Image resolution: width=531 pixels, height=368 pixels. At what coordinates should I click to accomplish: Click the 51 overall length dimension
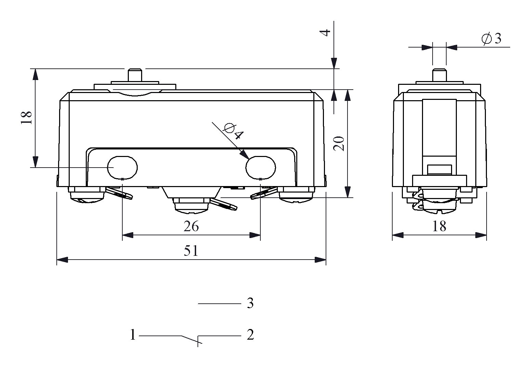pos(191,251)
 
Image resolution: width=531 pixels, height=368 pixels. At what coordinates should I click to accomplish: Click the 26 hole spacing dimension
pos(191,226)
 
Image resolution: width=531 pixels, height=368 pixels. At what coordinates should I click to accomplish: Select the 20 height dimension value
pos(339,144)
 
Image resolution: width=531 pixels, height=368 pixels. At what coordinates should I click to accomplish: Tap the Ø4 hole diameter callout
pos(234,131)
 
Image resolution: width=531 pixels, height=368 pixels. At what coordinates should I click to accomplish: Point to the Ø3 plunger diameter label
pos(491,39)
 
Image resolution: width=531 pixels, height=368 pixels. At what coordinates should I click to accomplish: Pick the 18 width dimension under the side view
pos(439,226)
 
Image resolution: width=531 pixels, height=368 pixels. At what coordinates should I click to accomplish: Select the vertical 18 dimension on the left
pos(26,118)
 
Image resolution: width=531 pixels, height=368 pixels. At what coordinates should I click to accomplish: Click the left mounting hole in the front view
pos(123,167)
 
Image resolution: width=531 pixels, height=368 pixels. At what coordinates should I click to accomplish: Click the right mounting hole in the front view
pos(261,167)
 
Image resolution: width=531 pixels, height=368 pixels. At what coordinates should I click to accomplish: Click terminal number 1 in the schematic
pos(133,335)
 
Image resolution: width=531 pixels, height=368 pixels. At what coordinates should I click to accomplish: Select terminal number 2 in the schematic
pos(250,335)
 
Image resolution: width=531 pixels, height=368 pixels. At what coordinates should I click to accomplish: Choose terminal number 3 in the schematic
pos(250,303)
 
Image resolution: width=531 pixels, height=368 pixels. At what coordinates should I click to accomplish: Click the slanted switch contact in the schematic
pos(190,339)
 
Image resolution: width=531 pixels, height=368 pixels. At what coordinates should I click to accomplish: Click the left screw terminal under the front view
pos(87,197)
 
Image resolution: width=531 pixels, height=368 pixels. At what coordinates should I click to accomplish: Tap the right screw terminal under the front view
pos(296,197)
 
